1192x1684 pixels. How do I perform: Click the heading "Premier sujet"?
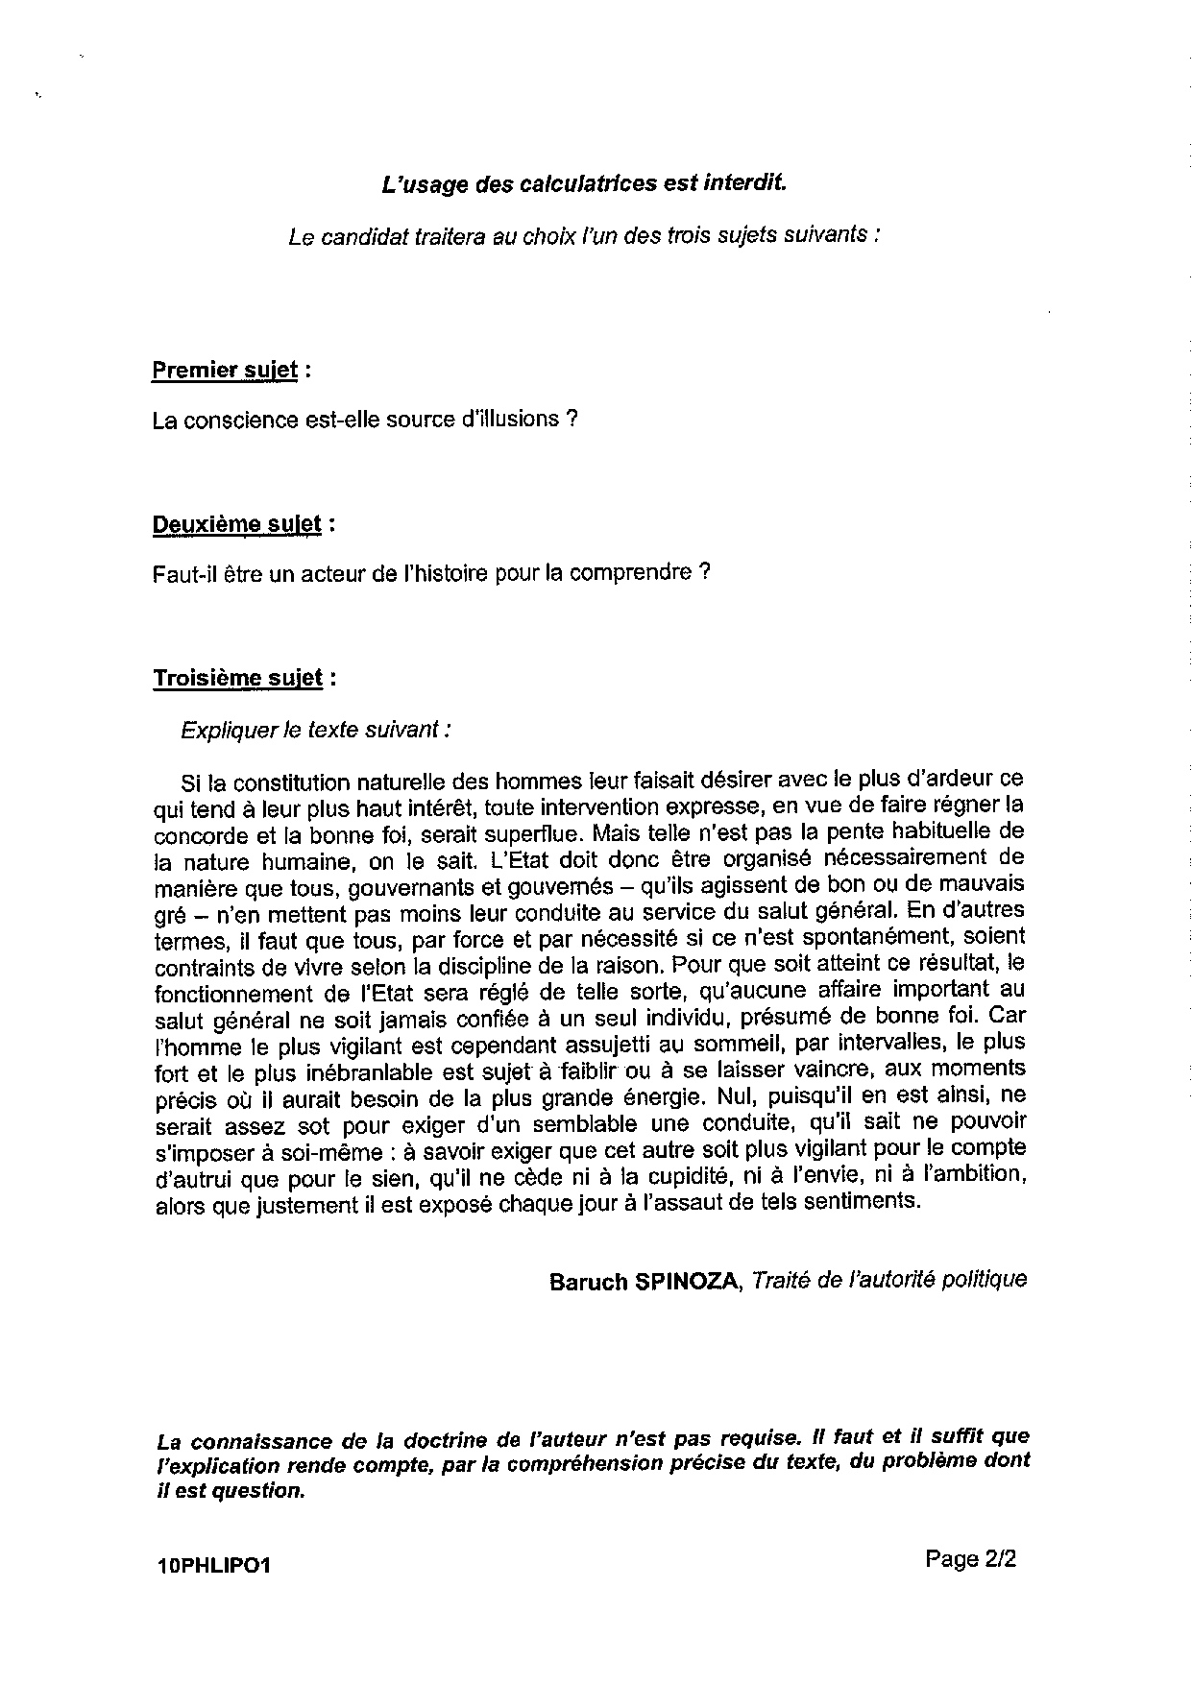coord(224,370)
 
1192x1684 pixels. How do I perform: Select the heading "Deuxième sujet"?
coord(237,524)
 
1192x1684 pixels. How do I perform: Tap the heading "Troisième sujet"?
coord(238,678)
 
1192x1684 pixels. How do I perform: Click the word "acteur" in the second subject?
coord(328,573)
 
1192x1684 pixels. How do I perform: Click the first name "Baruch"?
coord(588,1282)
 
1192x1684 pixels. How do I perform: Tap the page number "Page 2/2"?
coord(970,1559)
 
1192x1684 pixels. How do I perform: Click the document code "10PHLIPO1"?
coord(213,1566)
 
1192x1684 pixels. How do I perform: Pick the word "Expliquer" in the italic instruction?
coord(229,730)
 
